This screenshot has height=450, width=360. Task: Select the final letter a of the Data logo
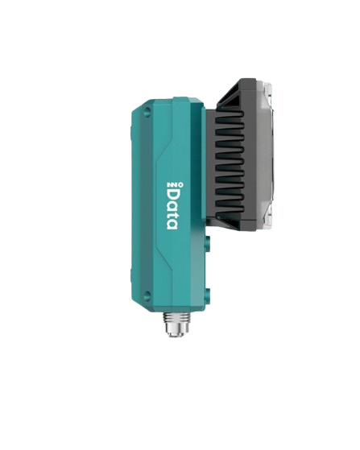[172, 225]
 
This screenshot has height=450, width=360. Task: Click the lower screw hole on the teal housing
[147, 294]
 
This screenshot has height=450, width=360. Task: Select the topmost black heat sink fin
[230, 114]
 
